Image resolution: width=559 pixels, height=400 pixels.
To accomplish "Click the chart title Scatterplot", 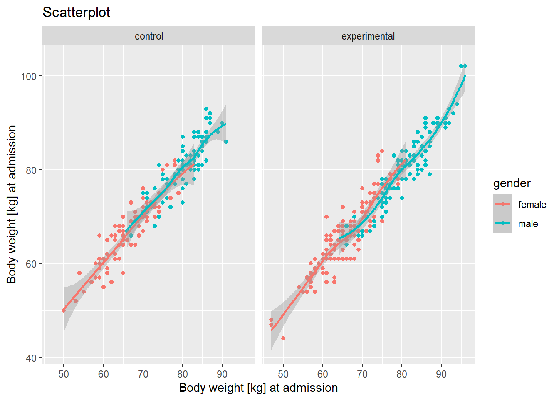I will click(x=76, y=12).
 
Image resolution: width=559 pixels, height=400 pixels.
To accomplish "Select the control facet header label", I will click(x=149, y=36).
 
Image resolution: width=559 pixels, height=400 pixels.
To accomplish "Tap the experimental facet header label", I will click(x=368, y=36).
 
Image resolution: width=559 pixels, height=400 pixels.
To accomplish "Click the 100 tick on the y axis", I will click(x=29, y=76).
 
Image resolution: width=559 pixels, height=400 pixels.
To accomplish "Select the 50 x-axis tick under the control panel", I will click(x=64, y=374).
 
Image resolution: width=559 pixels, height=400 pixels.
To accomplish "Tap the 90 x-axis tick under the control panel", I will click(x=222, y=374).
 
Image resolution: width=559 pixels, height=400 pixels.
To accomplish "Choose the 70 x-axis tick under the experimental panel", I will click(x=362, y=374).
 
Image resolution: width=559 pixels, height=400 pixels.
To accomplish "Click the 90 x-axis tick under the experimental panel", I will click(x=441, y=374).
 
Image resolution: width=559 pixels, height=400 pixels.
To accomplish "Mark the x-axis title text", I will click(x=258, y=388).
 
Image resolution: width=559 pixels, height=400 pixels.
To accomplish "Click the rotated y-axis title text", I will click(x=12, y=204).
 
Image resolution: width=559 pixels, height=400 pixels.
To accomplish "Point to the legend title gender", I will click(x=512, y=183).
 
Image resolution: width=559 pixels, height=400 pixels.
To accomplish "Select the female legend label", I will click(x=532, y=205).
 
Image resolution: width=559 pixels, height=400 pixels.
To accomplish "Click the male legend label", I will click(x=528, y=224).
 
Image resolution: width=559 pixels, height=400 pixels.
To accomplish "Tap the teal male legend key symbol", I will click(x=503, y=223).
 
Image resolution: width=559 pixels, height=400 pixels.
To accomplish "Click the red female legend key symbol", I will click(x=503, y=204).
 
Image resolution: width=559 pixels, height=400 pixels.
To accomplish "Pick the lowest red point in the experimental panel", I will click(x=283, y=338).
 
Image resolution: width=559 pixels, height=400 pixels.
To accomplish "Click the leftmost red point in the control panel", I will click(x=64, y=310).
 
